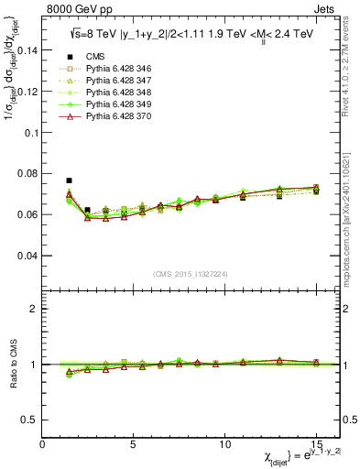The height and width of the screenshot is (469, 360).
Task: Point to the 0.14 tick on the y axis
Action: point(27,50)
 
